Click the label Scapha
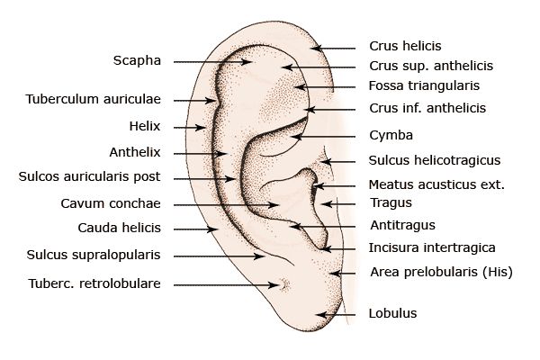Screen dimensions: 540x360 tap(137, 60)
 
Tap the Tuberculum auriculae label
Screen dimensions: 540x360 tap(94, 99)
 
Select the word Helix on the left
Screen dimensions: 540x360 tap(145, 126)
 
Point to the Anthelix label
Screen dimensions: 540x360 tap(135, 152)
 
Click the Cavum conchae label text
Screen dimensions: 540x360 tap(111, 203)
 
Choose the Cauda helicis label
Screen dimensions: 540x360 tap(119, 228)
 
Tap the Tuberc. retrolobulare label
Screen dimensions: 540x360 tap(94, 283)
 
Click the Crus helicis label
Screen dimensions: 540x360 tap(405, 46)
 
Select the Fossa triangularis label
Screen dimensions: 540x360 tap(424, 85)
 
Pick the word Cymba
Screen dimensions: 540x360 tap(391, 135)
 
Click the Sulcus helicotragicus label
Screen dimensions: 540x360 tap(435, 160)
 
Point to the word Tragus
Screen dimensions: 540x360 tap(391, 202)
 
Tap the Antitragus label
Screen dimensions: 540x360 tap(402, 225)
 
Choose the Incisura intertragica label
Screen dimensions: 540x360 tap(432, 247)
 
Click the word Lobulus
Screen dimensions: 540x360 tap(392, 313)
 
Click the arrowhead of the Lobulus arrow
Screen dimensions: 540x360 tap(320, 314)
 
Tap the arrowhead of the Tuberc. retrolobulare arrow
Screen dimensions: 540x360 tap(274, 285)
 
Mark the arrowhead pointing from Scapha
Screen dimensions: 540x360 tap(247, 62)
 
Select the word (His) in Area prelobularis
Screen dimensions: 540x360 tap(498, 272)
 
